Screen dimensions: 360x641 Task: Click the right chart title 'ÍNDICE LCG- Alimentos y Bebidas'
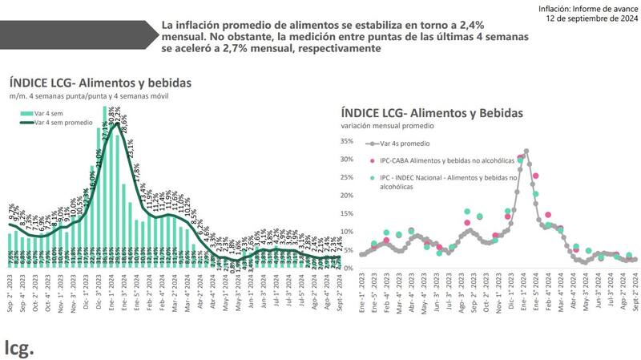click(432, 113)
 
